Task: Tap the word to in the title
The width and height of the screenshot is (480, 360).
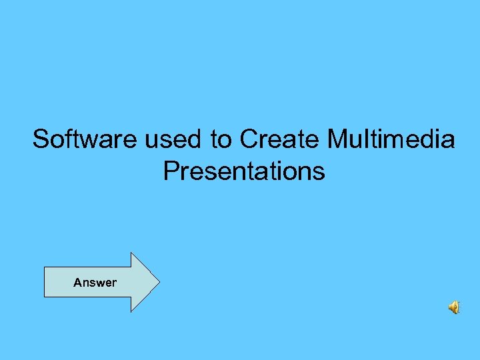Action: pyautogui.click(x=221, y=139)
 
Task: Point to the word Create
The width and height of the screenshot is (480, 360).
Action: pyautogui.click(x=280, y=139)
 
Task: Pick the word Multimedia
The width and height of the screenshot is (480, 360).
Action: pyautogui.click(x=391, y=139)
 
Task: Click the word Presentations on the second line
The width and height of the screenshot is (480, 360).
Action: pyautogui.click(x=244, y=171)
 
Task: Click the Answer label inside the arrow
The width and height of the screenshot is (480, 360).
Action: pyautogui.click(x=95, y=283)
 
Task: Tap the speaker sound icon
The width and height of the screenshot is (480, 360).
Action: pyautogui.click(x=453, y=307)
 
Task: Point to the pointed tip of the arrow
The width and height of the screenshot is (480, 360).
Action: pyautogui.click(x=159, y=282)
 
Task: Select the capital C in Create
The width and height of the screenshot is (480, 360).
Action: pyautogui.click(x=249, y=139)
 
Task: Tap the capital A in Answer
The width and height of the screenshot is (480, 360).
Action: pyautogui.click(x=77, y=283)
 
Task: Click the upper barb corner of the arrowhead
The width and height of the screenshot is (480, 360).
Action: pyautogui.click(x=131, y=253)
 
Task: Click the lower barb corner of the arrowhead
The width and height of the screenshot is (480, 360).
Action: pyautogui.click(x=131, y=311)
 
